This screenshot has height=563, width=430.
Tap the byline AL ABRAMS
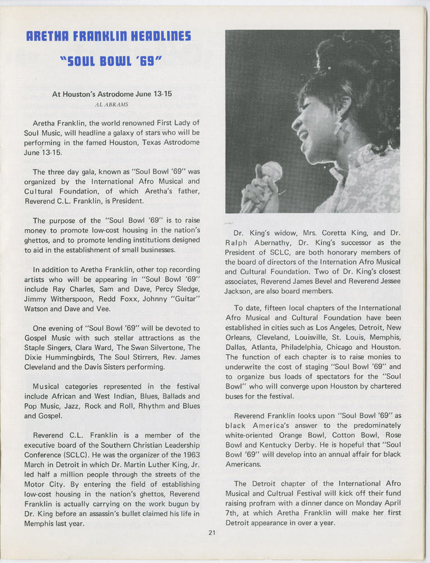pyautogui.click(x=112, y=104)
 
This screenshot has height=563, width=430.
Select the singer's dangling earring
pyautogui.click(x=341, y=129)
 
